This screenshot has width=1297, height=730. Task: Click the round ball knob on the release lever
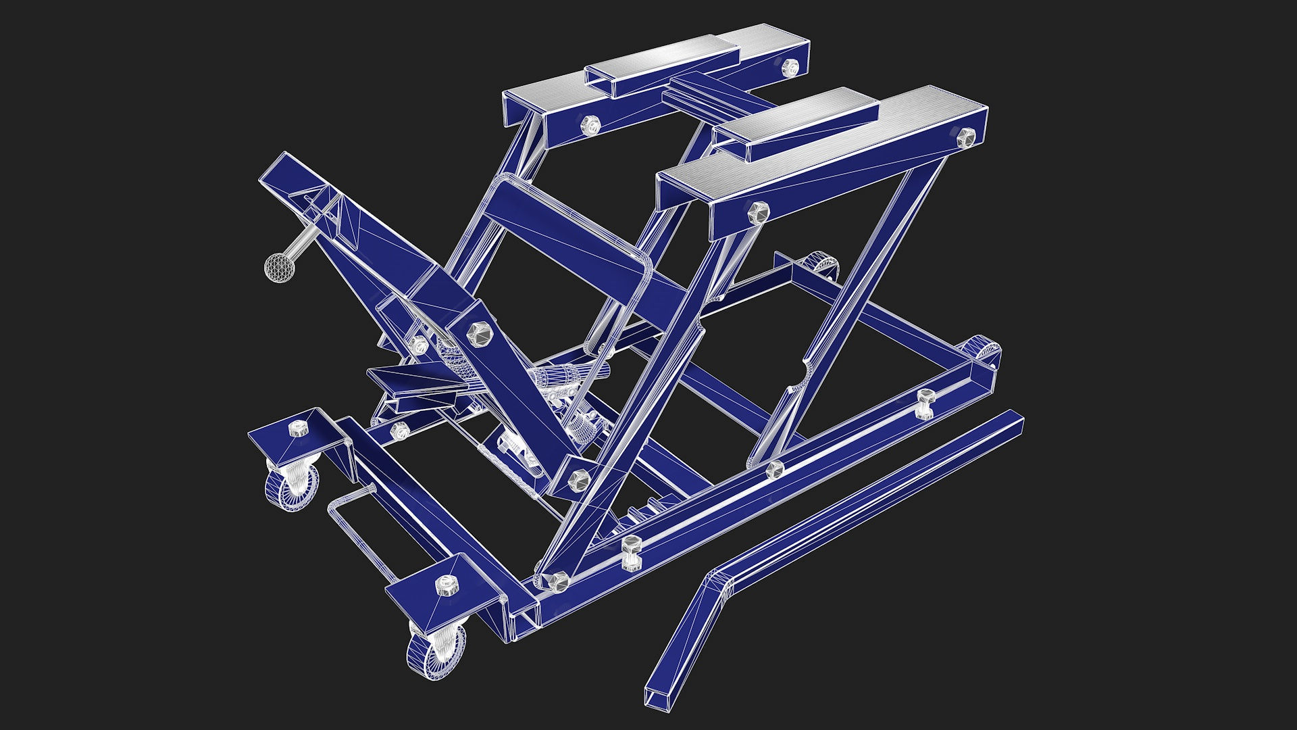(279, 266)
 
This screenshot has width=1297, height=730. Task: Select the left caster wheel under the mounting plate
(291, 486)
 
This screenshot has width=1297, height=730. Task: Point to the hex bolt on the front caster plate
(446, 585)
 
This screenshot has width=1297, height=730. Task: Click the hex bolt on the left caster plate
(297, 429)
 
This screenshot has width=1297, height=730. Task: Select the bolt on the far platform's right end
(790, 66)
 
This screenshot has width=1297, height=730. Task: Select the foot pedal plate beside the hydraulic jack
(412, 381)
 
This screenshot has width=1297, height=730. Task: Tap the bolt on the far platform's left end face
(590, 124)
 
